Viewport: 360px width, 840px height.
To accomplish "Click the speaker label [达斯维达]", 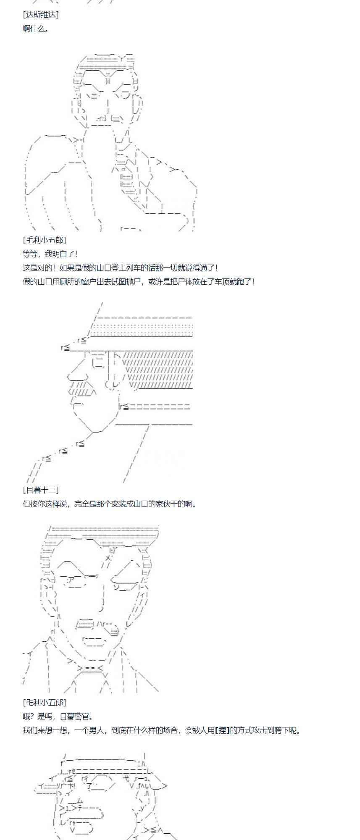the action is (x=41, y=15).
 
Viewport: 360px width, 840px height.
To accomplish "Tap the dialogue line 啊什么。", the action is (x=35, y=29).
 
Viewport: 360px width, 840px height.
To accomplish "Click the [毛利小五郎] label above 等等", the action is (x=44, y=240).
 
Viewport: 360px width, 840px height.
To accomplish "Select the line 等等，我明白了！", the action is (x=50, y=254).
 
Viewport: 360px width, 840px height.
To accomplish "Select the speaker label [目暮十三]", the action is (x=41, y=490).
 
